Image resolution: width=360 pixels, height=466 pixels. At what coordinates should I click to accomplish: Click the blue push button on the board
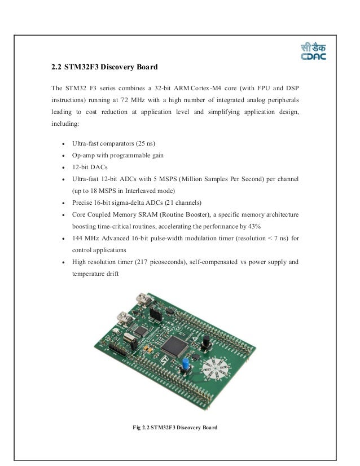coord(184,366)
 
